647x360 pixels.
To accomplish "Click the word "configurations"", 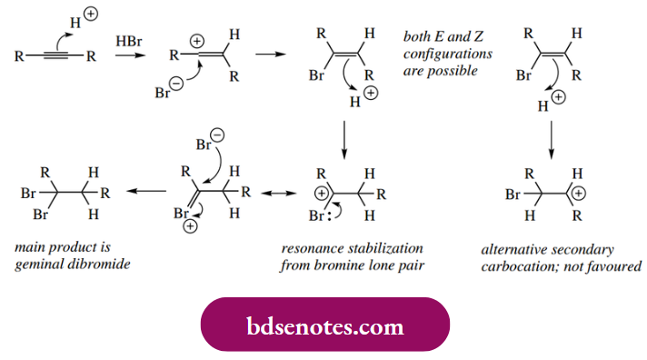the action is pos(445,54).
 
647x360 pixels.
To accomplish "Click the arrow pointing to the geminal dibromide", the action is pos(145,192).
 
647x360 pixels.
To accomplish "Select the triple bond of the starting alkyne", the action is pos(53,56).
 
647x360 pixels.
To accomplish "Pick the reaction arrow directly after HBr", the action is pos(128,57).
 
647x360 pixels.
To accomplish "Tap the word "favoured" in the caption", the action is pos(617,266).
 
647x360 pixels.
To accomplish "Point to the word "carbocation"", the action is pos(511,266).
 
